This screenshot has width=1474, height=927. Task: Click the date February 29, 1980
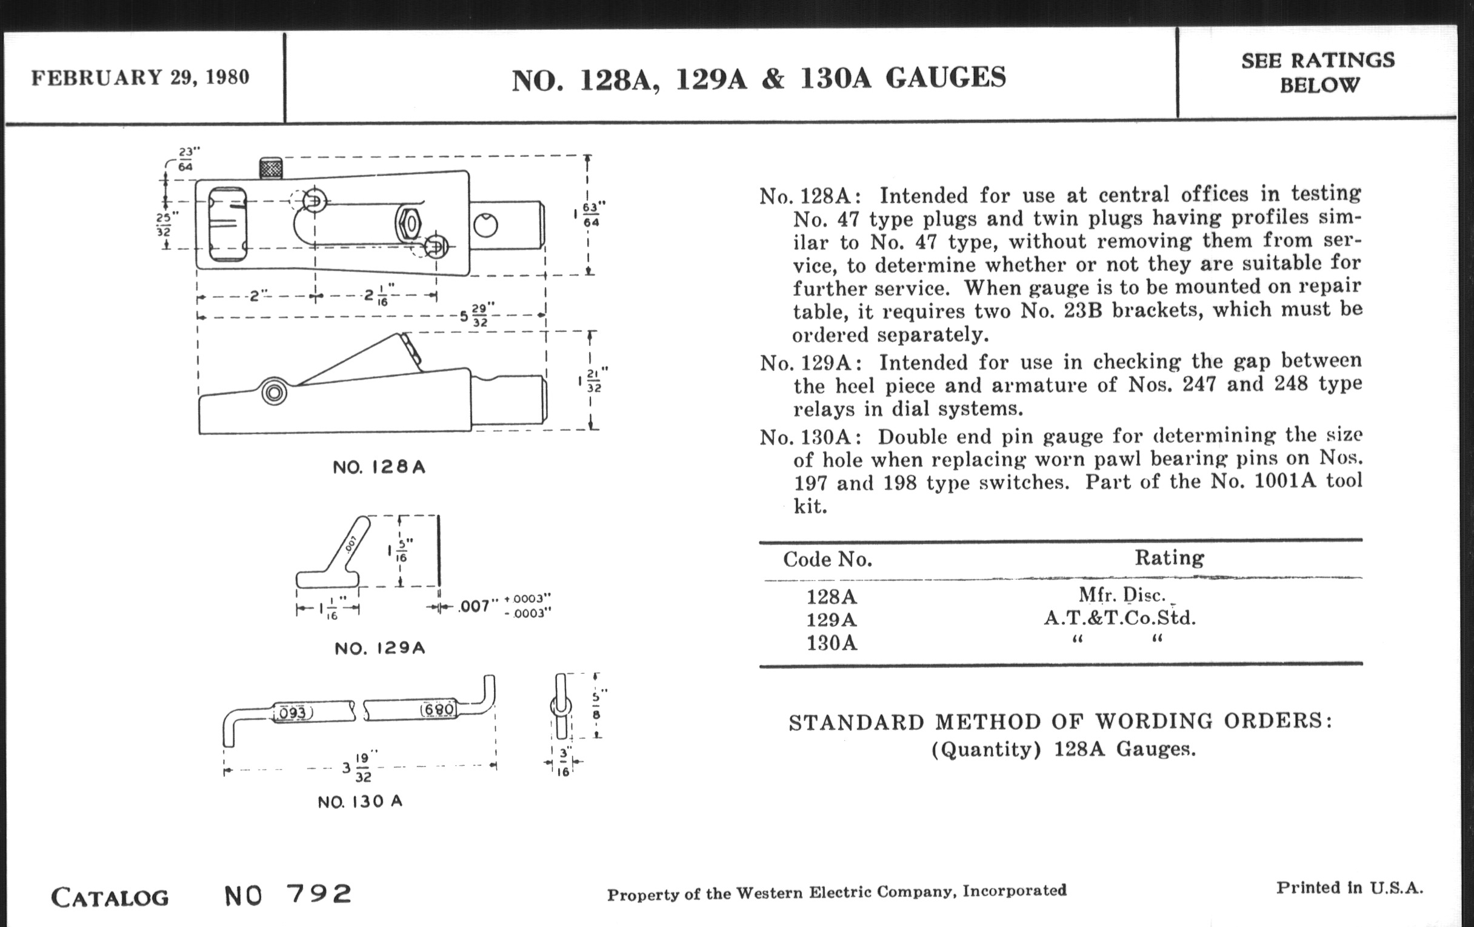(x=140, y=78)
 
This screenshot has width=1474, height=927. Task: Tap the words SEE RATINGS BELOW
(x=1318, y=73)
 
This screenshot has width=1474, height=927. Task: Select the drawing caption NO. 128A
(x=379, y=468)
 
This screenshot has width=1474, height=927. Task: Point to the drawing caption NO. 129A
(x=379, y=648)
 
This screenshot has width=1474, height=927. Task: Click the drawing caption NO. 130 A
(x=360, y=802)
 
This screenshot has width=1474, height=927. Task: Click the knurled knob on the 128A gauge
(x=270, y=168)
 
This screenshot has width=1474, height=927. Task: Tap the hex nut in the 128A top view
(x=409, y=224)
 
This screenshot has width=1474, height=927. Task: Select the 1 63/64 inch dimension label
(x=587, y=214)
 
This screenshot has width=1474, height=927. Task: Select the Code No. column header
(x=827, y=559)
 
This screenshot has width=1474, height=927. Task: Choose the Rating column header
(x=1169, y=557)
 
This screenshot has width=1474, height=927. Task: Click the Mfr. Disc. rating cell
(x=1121, y=596)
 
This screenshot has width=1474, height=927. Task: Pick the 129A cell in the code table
(x=832, y=620)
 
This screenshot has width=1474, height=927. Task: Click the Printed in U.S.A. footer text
(x=1349, y=888)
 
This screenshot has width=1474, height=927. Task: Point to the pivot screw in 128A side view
(x=273, y=392)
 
